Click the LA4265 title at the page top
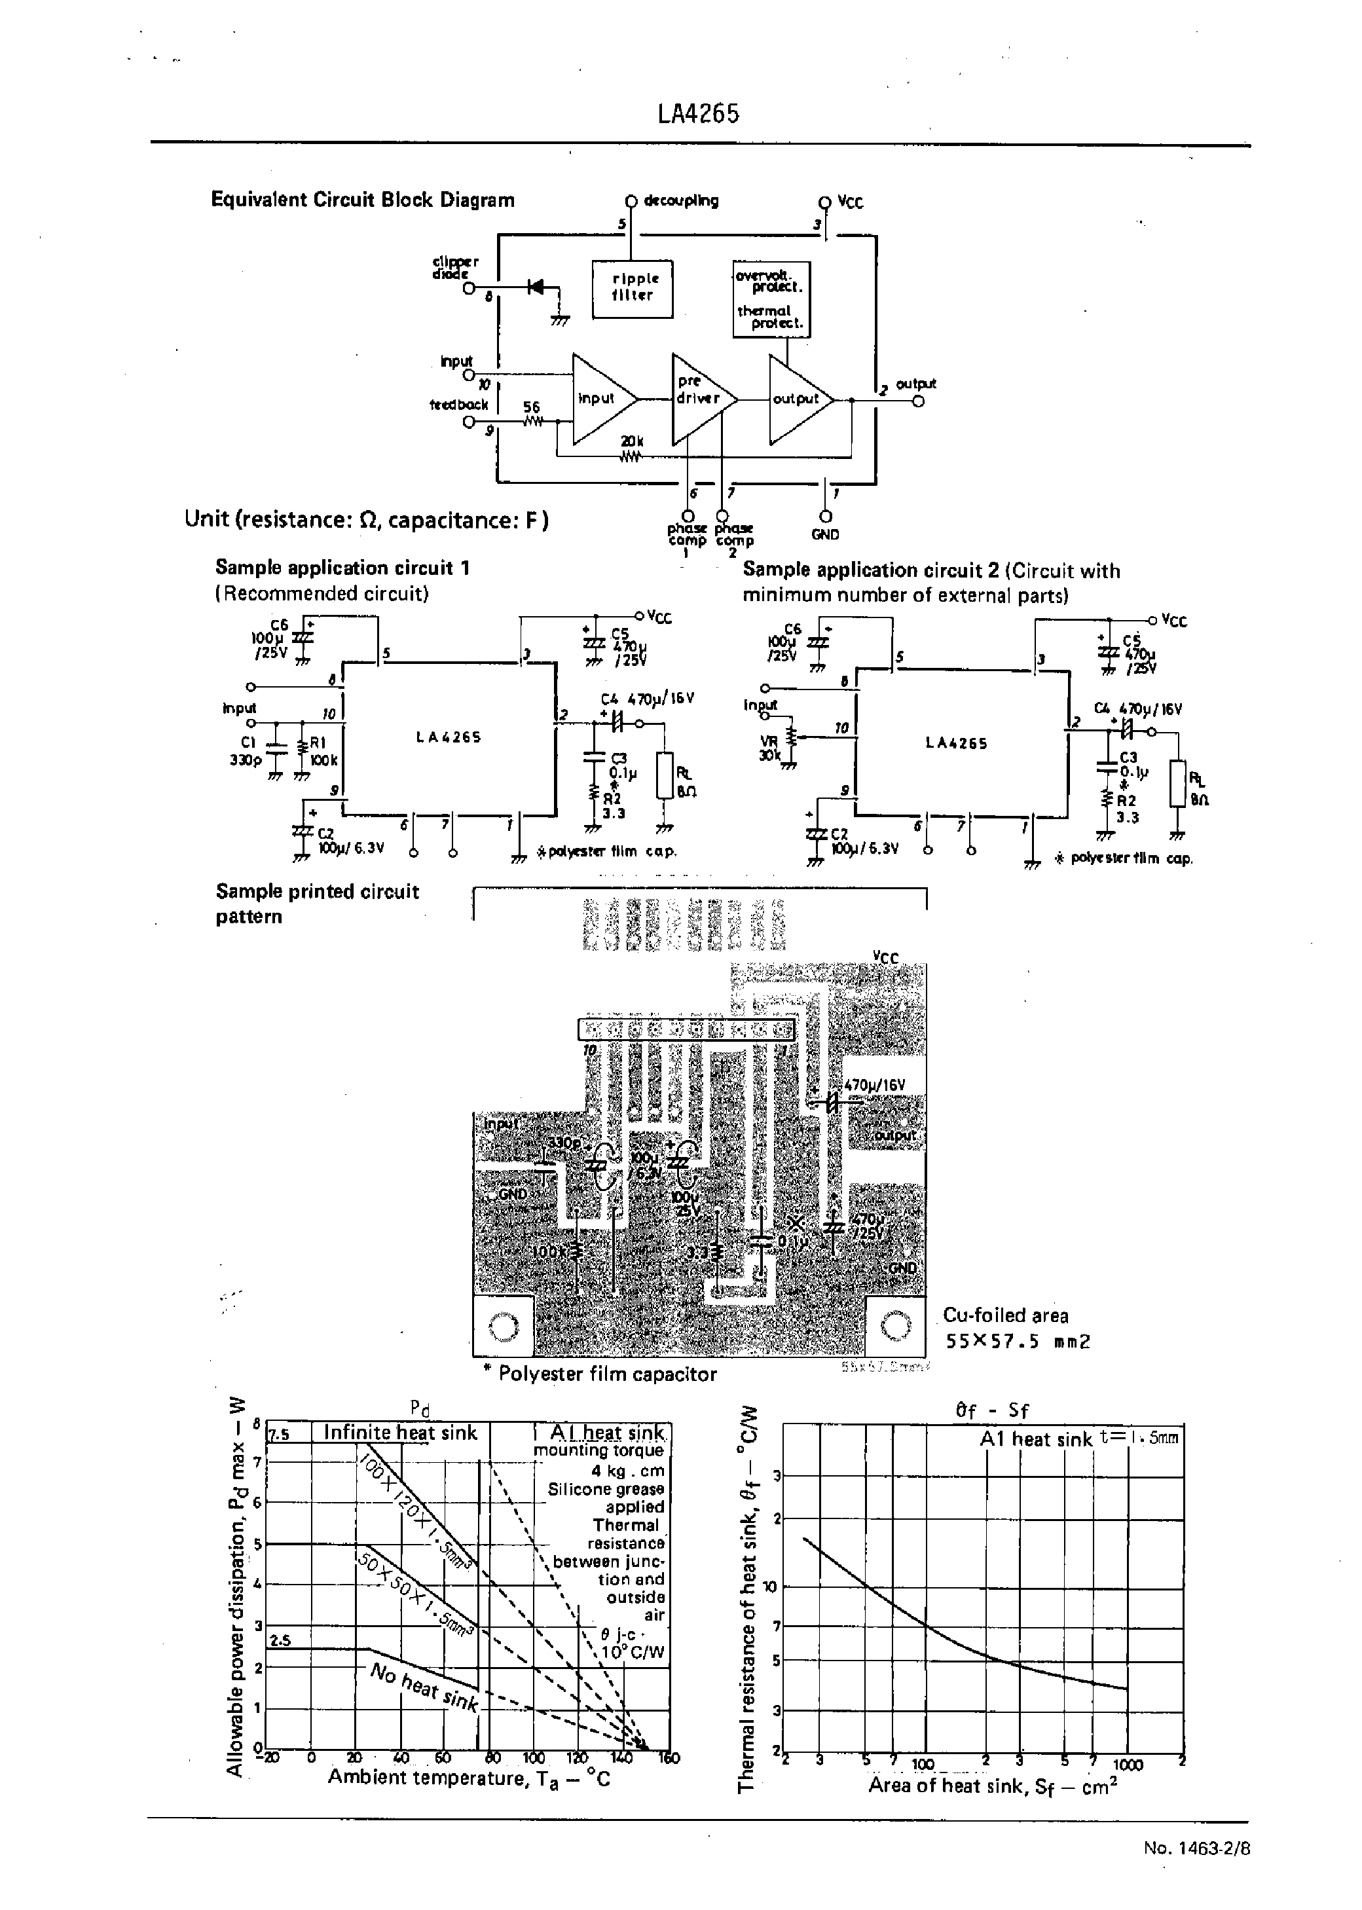click(x=698, y=114)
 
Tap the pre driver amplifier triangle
click(x=699, y=397)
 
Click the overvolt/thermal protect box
click(x=771, y=299)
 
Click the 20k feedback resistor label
click(x=633, y=441)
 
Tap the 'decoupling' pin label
click(x=681, y=200)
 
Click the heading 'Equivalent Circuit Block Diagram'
click(x=362, y=200)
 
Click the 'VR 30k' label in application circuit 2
click(x=770, y=747)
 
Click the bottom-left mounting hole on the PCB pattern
click(x=503, y=1327)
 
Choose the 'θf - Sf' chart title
click(x=992, y=1410)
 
